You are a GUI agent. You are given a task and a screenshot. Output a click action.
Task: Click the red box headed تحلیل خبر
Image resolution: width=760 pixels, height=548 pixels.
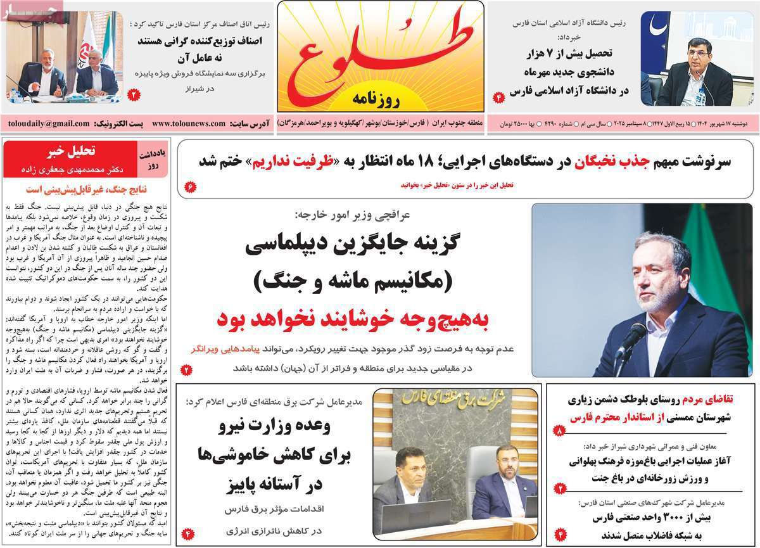pos(69,158)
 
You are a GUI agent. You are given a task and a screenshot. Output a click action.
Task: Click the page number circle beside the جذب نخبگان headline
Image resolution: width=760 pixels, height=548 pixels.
pos(190,186)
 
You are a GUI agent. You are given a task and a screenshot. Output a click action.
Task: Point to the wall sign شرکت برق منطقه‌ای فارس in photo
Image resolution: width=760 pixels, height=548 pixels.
pos(456,401)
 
